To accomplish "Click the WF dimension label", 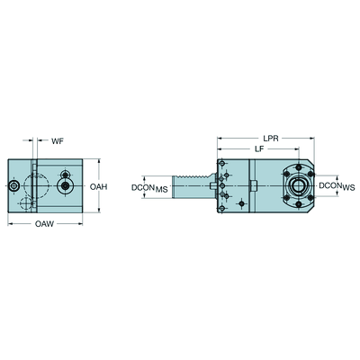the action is (x=58, y=141).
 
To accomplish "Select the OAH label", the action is (x=98, y=186).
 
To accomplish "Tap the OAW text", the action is (x=44, y=224).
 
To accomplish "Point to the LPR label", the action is (x=271, y=139).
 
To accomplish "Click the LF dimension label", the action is (x=259, y=148).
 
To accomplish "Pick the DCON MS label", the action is (x=149, y=188).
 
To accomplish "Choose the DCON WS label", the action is (x=337, y=186).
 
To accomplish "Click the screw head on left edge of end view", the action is (x=13, y=186).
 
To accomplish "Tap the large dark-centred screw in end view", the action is (x=65, y=186).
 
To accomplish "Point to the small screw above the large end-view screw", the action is (x=65, y=175).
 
